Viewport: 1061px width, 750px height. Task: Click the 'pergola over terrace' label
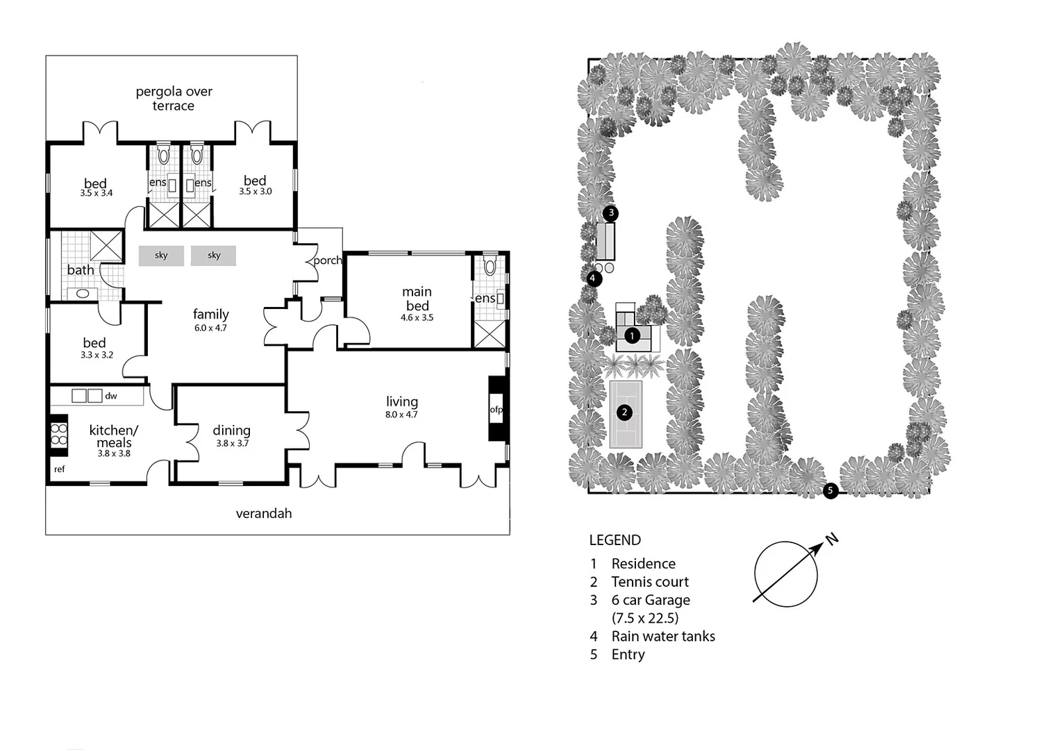pyautogui.click(x=174, y=99)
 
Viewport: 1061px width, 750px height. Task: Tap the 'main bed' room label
pyautogui.click(x=417, y=299)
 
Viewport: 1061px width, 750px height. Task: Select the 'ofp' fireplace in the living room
pyautogui.click(x=496, y=409)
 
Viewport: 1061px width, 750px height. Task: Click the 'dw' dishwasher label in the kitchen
pyautogui.click(x=111, y=396)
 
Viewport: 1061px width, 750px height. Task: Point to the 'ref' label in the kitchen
pyautogui.click(x=60, y=469)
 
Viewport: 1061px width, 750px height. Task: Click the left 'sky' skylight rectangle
pyautogui.click(x=161, y=256)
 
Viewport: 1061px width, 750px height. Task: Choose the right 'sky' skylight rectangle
pyautogui.click(x=214, y=256)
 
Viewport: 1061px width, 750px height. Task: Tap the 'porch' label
pyautogui.click(x=327, y=260)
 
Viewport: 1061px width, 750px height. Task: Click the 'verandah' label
pyautogui.click(x=264, y=514)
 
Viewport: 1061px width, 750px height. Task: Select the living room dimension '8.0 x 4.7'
pyautogui.click(x=401, y=415)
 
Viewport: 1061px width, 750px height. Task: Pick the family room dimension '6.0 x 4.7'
pyautogui.click(x=210, y=328)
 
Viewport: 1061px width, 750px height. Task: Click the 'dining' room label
pyautogui.click(x=231, y=431)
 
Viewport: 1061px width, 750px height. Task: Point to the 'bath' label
pyautogui.click(x=81, y=270)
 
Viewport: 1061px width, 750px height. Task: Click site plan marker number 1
pyautogui.click(x=632, y=336)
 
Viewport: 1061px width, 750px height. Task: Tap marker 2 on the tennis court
pyautogui.click(x=625, y=412)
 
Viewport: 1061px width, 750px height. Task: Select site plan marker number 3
pyautogui.click(x=610, y=212)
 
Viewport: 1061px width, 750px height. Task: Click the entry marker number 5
pyautogui.click(x=830, y=492)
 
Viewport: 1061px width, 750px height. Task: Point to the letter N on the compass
pyautogui.click(x=832, y=539)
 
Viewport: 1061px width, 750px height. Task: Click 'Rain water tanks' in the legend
pyautogui.click(x=663, y=636)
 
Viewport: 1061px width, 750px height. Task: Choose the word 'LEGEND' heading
pyautogui.click(x=615, y=540)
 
